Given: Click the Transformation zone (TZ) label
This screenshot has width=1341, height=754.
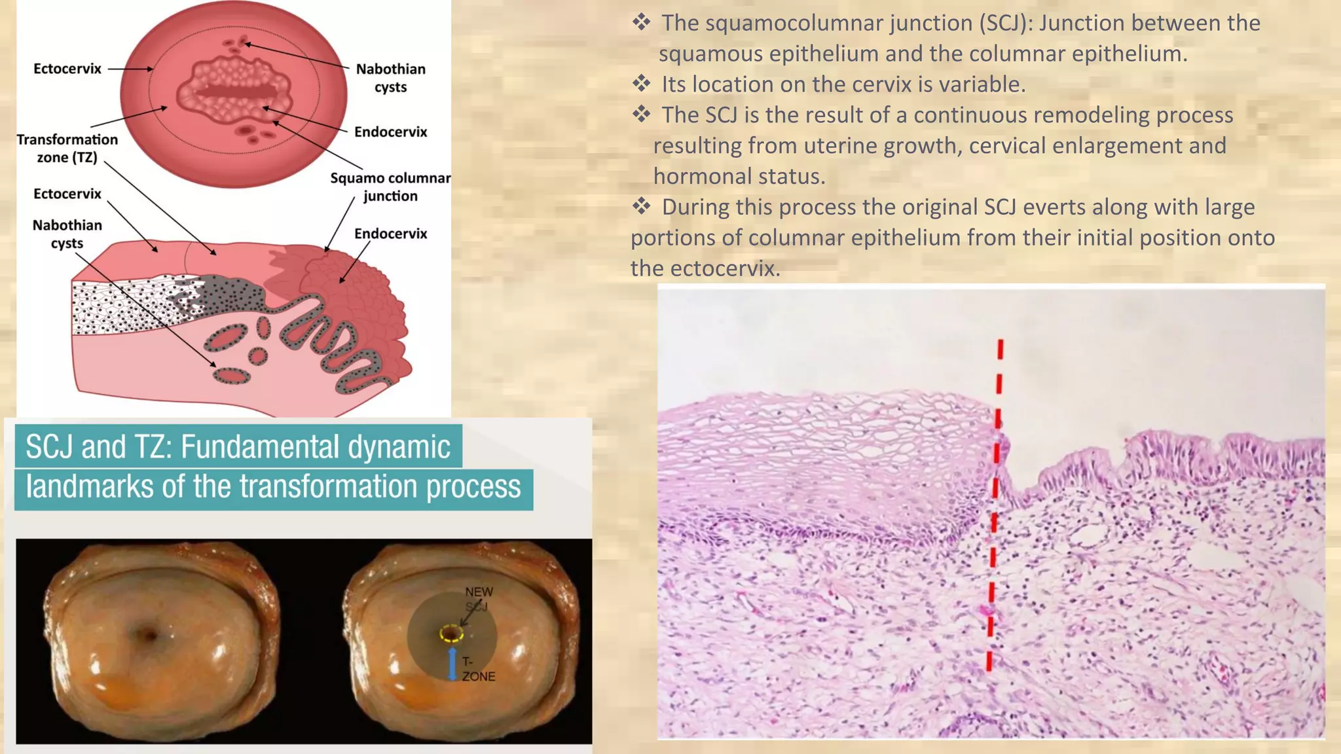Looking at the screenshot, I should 67,149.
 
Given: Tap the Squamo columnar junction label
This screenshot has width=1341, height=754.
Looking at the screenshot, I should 390,187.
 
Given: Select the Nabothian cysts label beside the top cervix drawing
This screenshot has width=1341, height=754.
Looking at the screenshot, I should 390,78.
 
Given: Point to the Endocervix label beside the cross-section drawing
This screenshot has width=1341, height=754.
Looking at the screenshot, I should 390,234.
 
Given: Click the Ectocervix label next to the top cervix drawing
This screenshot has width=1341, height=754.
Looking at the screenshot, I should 67,69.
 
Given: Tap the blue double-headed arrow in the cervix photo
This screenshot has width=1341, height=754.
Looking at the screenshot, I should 452,664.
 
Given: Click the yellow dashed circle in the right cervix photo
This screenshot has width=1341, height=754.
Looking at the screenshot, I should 451,634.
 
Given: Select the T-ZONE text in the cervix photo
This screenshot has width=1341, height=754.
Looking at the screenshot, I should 478,669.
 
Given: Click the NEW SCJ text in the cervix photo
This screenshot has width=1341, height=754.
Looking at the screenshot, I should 479,599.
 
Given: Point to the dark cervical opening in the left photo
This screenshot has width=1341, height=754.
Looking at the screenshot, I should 149,634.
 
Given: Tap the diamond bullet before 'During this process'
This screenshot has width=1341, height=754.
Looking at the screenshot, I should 641,207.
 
